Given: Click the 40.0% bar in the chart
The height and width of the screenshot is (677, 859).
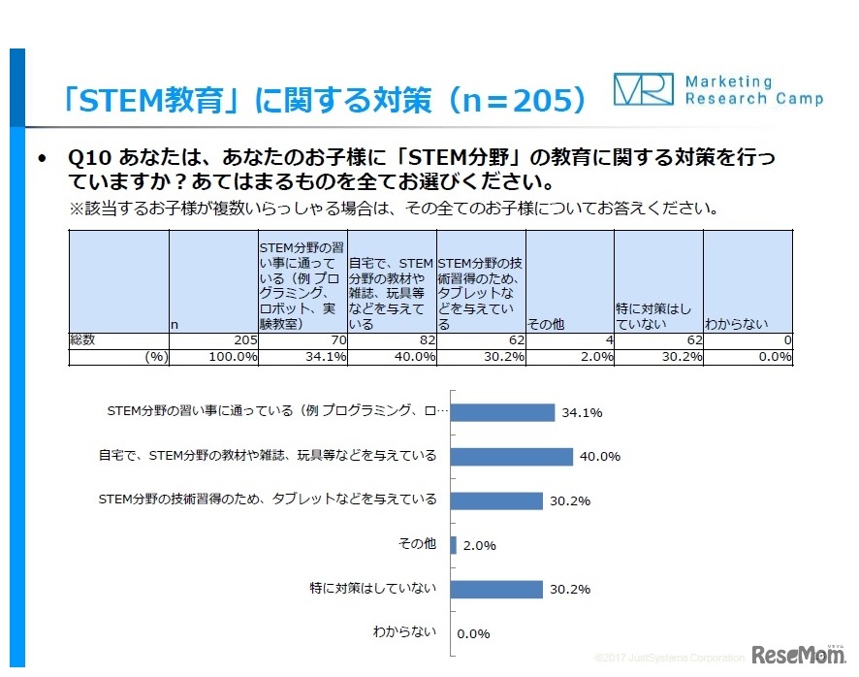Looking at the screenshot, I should click(511, 456).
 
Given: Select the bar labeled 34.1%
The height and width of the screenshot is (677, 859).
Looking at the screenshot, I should click(502, 412).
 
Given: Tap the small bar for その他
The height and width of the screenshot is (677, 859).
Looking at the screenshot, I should click(454, 545).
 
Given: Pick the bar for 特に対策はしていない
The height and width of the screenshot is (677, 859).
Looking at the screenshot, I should click(496, 589).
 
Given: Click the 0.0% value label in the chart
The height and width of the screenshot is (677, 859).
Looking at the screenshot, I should click(473, 633).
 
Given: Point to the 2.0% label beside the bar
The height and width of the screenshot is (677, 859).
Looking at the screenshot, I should click(480, 545).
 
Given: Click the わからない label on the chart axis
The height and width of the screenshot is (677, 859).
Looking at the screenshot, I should click(404, 631).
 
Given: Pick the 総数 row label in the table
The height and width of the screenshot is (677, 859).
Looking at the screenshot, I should click(83, 341).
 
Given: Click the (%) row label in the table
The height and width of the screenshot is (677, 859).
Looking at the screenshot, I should click(156, 357).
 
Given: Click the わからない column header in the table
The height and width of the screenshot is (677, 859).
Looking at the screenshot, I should click(736, 324).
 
